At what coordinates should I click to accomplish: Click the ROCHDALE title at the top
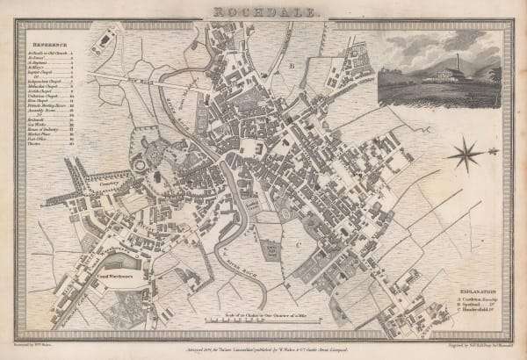pyautogui.click(x=263, y=11)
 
